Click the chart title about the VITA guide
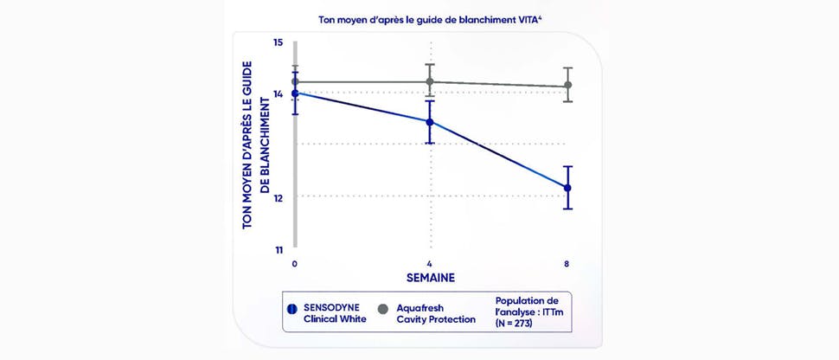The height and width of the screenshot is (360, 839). click(419, 17)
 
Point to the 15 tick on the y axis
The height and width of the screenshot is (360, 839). click(278, 42)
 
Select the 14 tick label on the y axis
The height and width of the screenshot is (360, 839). click(278, 94)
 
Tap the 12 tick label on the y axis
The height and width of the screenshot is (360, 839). click(278, 197)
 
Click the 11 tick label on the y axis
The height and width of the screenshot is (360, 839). click(278, 251)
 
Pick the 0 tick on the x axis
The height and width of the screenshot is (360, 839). click(295, 263)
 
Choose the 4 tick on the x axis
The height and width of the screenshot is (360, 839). click(430, 263)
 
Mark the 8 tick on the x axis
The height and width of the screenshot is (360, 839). click(567, 263)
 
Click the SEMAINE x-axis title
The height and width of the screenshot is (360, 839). click(431, 278)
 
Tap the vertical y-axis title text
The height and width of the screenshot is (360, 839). click(253, 145)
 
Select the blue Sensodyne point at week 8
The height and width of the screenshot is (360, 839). click(567, 188)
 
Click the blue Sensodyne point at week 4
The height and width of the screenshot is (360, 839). click(430, 121)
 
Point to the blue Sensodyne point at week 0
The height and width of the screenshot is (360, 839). click(295, 93)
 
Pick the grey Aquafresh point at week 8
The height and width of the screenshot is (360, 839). click(567, 86)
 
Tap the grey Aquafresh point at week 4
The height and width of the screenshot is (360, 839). click(430, 81)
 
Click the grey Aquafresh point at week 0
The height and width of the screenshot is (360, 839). click(295, 82)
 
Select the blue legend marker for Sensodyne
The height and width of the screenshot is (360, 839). click(292, 308)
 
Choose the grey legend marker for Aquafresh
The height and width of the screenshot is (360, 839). click(383, 308)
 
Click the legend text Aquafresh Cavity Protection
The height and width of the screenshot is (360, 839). click(436, 313)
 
